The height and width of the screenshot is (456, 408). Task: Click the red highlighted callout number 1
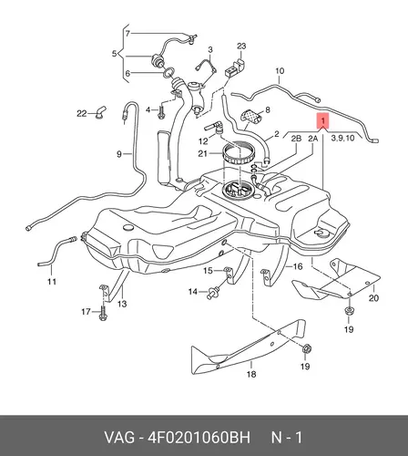pos(323,120)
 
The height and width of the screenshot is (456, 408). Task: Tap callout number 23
pos(241,47)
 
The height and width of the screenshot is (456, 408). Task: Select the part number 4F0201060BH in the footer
pos(199,438)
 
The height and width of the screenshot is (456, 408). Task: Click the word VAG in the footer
pos(119,438)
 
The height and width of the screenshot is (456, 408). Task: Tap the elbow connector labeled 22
pos(99,112)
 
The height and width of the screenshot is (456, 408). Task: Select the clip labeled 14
pos(211,292)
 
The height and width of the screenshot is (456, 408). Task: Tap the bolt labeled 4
pos(161,112)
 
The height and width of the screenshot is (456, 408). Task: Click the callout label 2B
pos(296,139)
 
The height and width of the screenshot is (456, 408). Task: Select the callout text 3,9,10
pos(342,139)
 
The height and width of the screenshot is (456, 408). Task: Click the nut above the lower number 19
pos(306,348)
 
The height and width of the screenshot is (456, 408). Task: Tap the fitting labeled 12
pos(214,128)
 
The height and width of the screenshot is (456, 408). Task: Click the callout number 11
pos(52,282)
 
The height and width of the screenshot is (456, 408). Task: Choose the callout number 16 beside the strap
pos(298,266)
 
